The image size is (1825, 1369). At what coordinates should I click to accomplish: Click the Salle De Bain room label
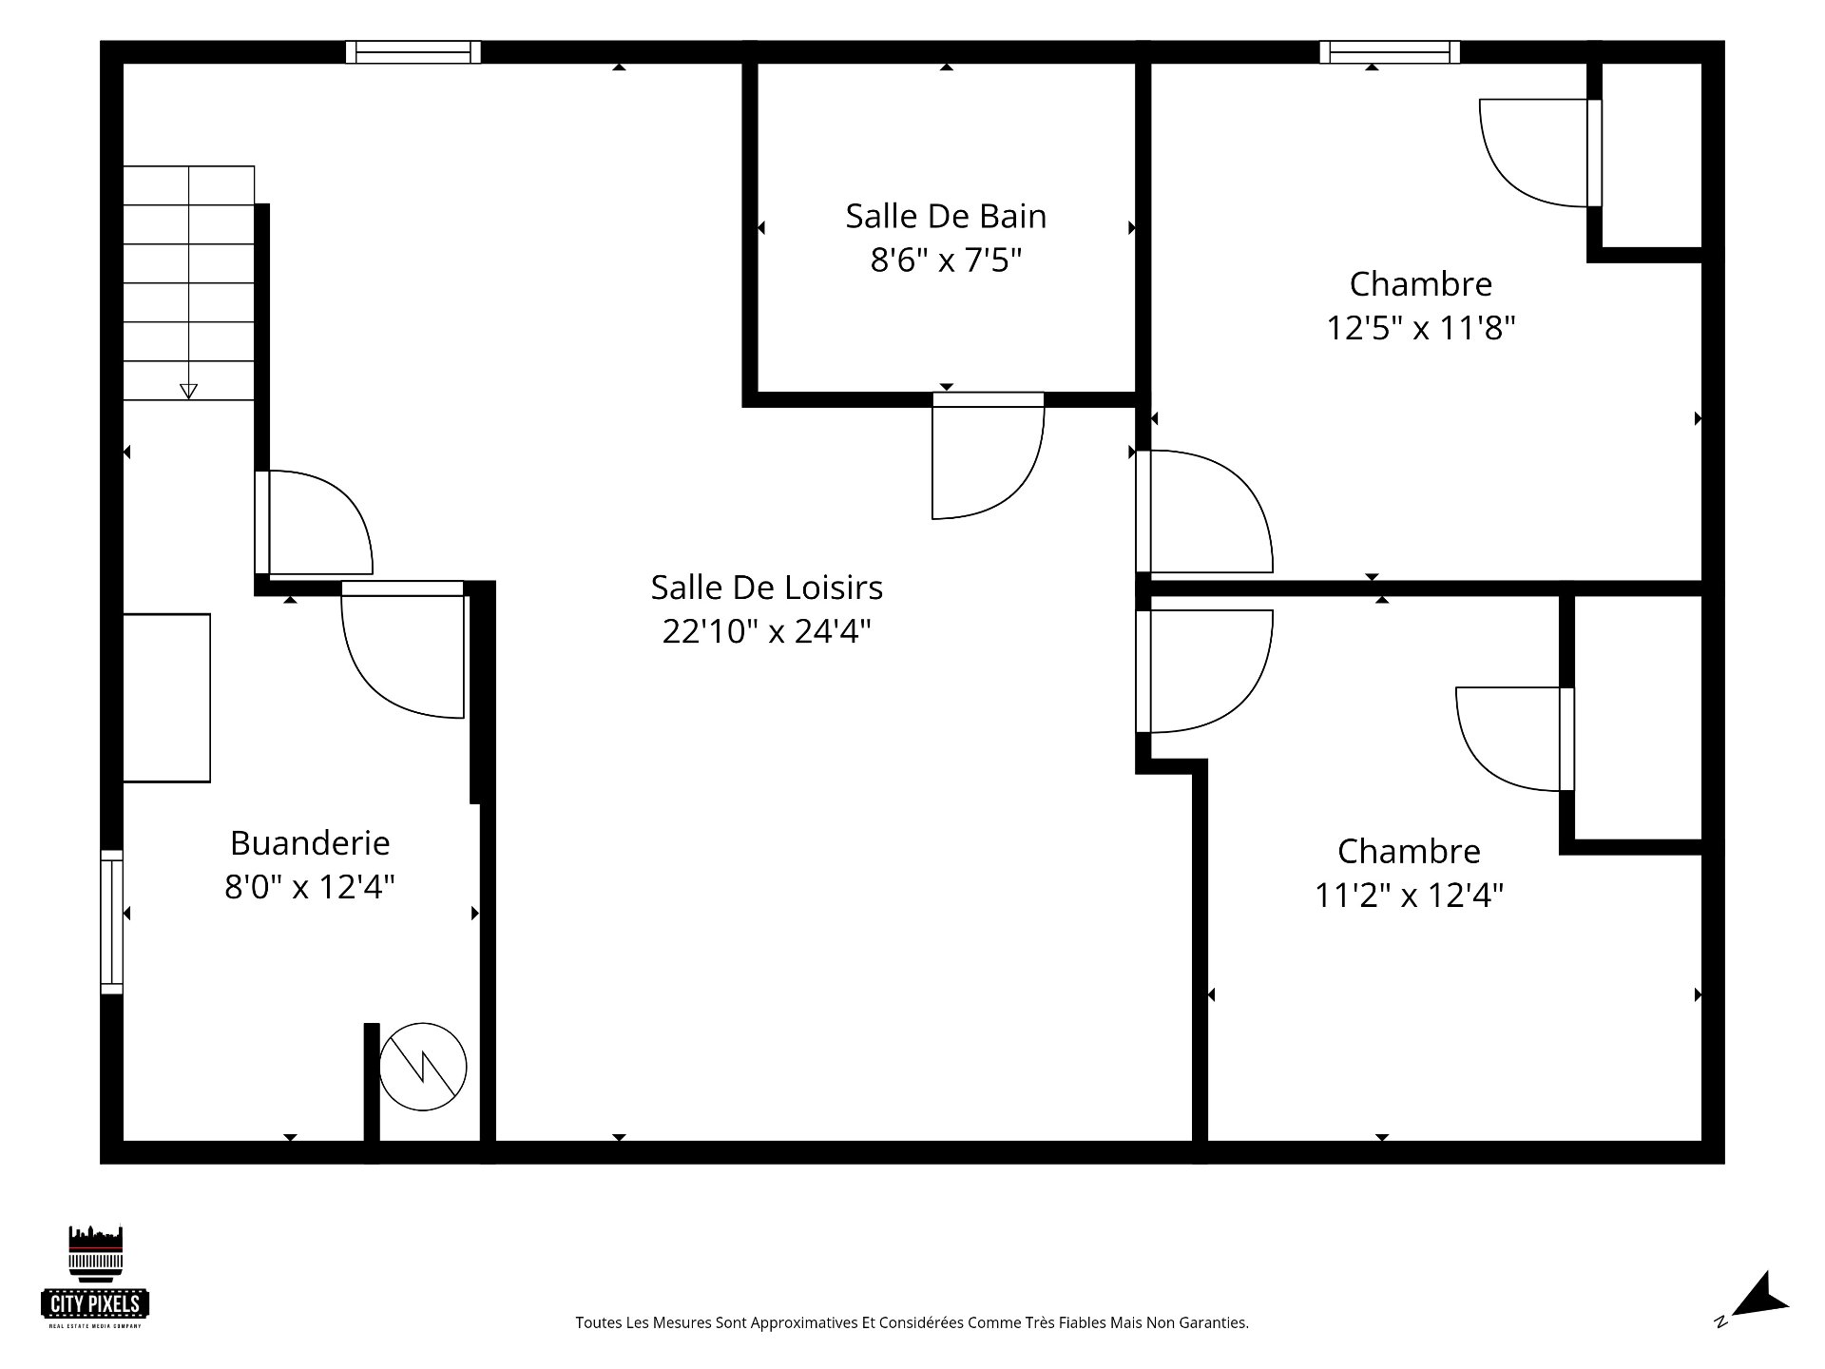pos(946,217)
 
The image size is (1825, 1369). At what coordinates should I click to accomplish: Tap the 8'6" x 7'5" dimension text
pos(946,260)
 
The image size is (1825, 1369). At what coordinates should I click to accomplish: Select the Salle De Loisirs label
pos(767,588)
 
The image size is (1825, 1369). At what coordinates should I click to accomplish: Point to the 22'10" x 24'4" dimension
pos(767,630)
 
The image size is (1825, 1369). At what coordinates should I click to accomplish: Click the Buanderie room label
pos(310,843)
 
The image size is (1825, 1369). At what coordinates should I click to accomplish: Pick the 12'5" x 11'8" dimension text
pos(1421,328)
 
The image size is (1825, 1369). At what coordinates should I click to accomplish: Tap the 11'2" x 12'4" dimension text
pos(1409,895)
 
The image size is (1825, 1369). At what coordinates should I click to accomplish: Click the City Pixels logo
pos(96,1276)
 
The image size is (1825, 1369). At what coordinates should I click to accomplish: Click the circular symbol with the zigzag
pos(423,1067)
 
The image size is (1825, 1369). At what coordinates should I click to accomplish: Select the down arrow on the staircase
pos(188,390)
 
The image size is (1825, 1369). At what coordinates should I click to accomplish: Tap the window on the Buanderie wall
pos(112,921)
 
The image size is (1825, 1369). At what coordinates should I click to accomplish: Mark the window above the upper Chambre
pos(1390,52)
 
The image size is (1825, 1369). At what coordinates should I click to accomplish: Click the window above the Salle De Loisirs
pos(413,52)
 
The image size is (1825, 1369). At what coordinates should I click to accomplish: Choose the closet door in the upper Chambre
pos(1540,153)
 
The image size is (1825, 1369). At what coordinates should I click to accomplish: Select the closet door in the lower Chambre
pos(1515,739)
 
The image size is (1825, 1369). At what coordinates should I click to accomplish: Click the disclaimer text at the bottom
pos(912,1322)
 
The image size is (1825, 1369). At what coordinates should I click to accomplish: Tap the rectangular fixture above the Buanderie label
pos(166,698)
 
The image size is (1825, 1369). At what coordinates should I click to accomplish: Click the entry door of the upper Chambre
pos(1204,511)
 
